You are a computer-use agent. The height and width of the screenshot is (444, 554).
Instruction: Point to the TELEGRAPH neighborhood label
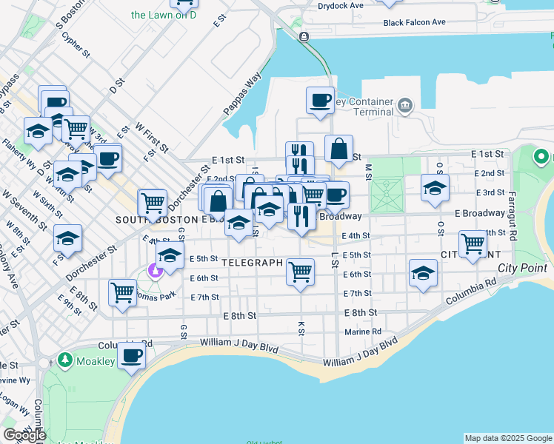(x=253, y=263)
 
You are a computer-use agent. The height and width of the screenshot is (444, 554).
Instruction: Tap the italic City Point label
(x=522, y=268)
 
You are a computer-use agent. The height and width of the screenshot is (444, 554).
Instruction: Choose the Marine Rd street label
(x=367, y=332)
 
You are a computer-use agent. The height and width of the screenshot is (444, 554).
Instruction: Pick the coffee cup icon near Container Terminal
(x=320, y=100)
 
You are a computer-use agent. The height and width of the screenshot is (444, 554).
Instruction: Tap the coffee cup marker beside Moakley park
(x=131, y=355)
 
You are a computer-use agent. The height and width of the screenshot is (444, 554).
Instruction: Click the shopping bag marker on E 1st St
(x=338, y=148)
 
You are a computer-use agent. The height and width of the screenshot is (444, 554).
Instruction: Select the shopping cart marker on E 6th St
(x=300, y=271)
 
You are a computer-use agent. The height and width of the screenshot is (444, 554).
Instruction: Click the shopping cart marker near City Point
(x=472, y=243)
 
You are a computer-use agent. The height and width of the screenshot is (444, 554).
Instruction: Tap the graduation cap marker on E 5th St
(x=170, y=257)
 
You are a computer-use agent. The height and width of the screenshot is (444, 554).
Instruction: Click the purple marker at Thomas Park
(x=156, y=270)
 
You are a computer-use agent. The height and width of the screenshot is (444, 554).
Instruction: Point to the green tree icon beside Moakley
(x=65, y=360)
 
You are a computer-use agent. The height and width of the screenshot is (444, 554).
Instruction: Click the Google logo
(x=24, y=435)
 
